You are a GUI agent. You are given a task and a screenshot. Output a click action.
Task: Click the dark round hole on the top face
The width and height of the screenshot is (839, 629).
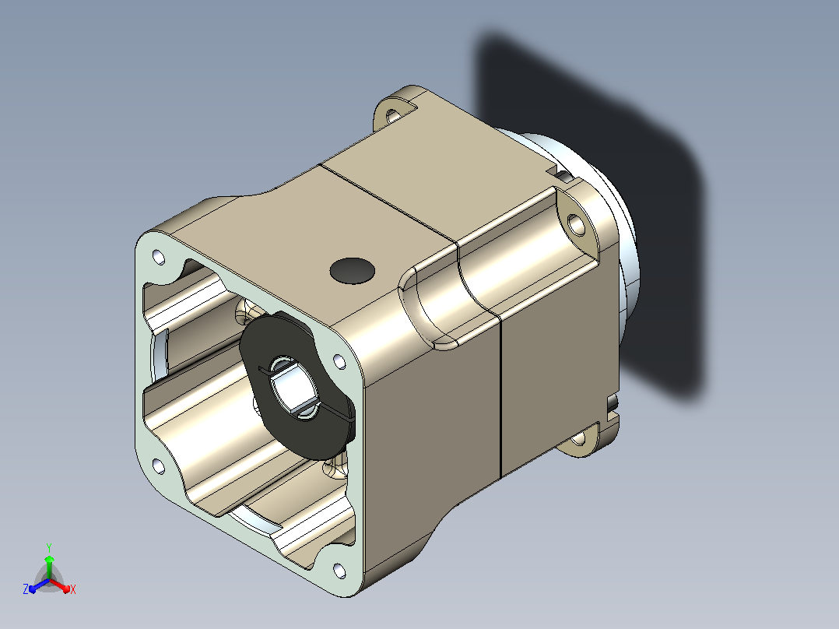pyautogui.click(x=352, y=271)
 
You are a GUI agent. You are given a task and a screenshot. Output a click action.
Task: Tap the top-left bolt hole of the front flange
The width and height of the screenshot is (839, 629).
pyautogui.click(x=159, y=257)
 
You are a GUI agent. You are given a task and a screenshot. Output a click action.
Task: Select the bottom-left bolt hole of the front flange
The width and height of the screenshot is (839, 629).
pyautogui.click(x=159, y=467)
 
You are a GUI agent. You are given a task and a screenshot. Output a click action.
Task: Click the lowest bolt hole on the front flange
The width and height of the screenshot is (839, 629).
pyautogui.click(x=339, y=571)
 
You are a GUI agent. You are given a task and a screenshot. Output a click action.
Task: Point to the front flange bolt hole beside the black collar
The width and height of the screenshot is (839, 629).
pyautogui.click(x=339, y=361)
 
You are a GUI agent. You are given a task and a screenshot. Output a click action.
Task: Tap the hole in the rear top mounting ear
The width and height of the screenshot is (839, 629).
pyautogui.click(x=392, y=115)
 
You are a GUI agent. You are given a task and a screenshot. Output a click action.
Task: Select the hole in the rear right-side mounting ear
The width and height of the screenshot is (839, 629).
pyautogui.click(x=576, y=224)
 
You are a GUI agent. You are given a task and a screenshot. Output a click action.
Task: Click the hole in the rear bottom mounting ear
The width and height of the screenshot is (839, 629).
pyautogui.click(x=578, y=441)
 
